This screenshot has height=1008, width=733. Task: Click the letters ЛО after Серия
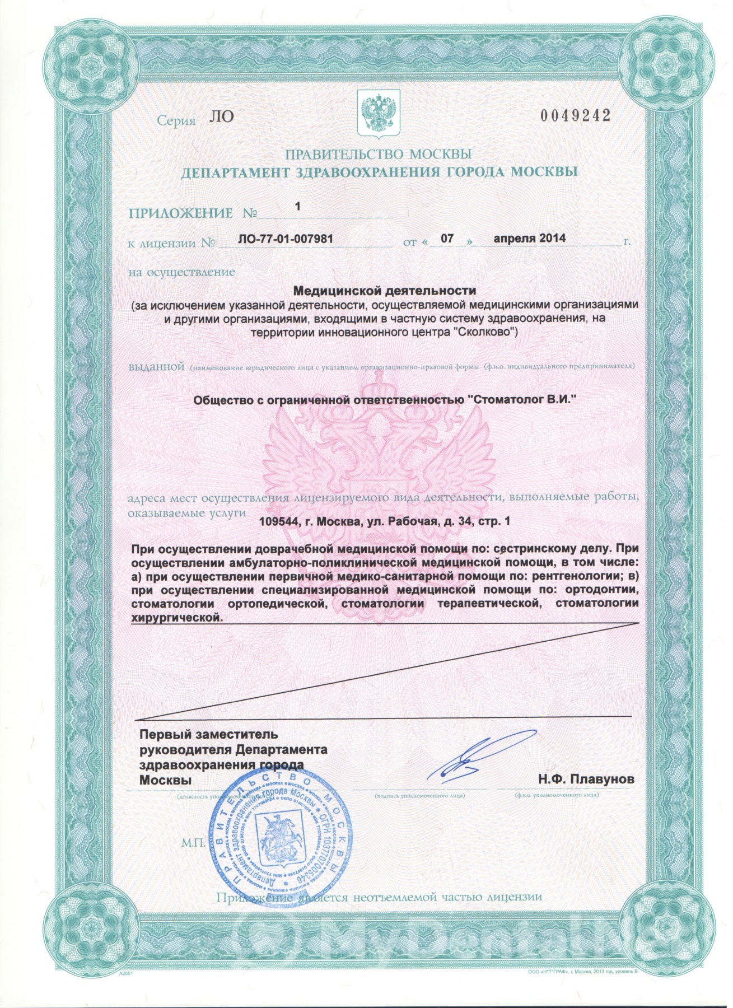[x=221, y=116]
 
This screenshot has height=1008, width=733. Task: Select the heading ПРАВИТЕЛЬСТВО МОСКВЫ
[x=378, y=154]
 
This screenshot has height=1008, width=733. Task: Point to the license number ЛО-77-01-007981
[x=286, y=239]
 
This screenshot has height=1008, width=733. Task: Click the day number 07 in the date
[x=447, y=239]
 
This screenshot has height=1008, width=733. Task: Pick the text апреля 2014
[x=529, y=239]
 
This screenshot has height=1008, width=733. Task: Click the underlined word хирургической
[x=176, y=618]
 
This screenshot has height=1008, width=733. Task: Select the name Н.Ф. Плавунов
[x=586, y=780]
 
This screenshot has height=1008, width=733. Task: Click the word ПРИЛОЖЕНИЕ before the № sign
[x=180, y=213]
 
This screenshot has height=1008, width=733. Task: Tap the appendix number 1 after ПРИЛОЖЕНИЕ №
[x=297, y=207]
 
